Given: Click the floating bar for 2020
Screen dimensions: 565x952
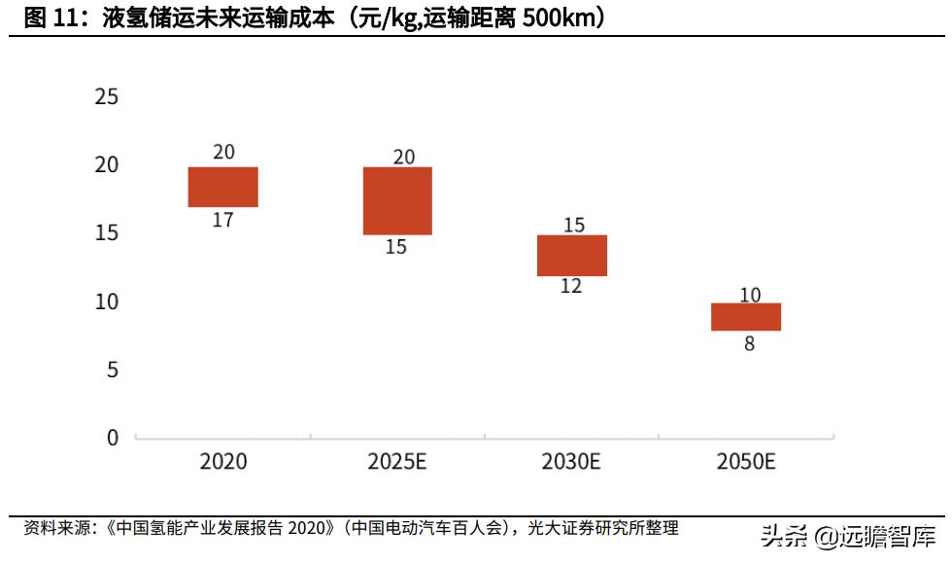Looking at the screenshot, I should point(222,187).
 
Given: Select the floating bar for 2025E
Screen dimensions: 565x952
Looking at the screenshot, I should point(397,200).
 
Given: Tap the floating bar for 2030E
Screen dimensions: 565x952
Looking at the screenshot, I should point(573,256).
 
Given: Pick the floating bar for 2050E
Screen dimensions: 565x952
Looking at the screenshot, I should point(746,317).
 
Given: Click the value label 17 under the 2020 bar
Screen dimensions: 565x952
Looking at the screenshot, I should point(222,221).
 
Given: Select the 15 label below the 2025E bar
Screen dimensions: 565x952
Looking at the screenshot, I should point(396,247).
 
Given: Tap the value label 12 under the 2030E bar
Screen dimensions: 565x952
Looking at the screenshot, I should point(572,288).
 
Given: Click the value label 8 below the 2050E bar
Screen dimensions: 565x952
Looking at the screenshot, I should point(749,343).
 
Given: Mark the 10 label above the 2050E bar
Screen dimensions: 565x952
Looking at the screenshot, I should point(750,295).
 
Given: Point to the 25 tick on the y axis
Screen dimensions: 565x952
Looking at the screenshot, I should point(107,96).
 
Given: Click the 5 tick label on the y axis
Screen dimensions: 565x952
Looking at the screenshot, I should point(113,370).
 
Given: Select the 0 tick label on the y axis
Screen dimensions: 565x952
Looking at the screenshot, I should point(113,438).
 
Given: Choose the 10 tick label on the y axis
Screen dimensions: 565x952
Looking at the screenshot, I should point(107,301).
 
